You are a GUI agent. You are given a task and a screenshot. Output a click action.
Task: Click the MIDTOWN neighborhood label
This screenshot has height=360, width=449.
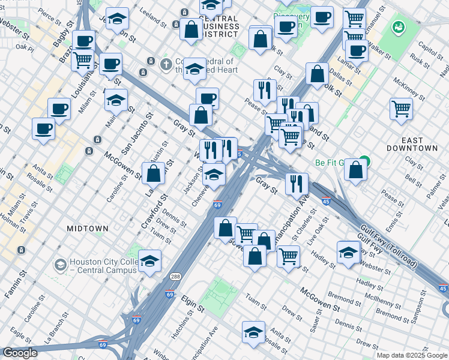tap(88, 229)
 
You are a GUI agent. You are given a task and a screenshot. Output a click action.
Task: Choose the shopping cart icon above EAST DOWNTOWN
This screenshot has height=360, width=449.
tap(401, 109)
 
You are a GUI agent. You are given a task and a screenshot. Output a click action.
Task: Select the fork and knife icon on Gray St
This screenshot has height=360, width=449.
tap(297, 184)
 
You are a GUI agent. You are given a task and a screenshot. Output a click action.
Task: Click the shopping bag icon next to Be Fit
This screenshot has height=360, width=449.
tap(356, 170)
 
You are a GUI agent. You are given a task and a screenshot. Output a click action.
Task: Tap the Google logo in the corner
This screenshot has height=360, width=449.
tap(19, 353)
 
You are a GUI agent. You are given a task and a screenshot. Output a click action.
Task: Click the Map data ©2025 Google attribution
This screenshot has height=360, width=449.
tap(412, 355)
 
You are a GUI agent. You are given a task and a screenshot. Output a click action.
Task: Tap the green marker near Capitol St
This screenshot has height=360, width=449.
tap(397, 27)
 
